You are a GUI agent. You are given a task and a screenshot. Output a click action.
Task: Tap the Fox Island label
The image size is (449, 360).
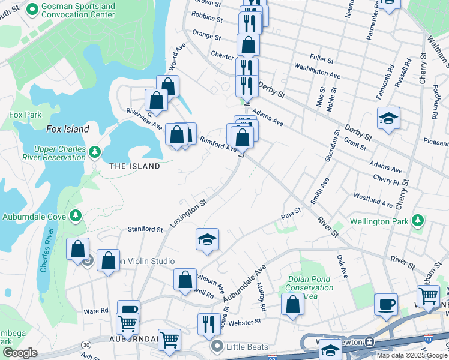(68, 129)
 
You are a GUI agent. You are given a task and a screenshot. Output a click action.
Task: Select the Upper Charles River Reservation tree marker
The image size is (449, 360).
(94, 152)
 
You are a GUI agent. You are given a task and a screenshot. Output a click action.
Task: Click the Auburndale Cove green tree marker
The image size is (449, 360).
(75, 215)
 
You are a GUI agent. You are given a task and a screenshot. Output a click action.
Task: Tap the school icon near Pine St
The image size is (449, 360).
(208, 240)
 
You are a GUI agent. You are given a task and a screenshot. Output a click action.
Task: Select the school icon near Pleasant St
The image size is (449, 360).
(388, 119)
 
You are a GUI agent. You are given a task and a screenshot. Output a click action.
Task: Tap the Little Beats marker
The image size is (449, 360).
(217, 346)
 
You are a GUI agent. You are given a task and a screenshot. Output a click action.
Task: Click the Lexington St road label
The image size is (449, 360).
(188, 212)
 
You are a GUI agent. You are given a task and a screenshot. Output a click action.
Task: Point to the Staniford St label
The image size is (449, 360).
(145, 229)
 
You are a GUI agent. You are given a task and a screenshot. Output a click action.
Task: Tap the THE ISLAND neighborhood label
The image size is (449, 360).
(135, 166)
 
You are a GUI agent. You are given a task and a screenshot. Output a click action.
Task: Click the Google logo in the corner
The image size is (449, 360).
(19, 353)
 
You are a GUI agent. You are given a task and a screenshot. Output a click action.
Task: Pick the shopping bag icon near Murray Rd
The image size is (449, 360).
(292, 304)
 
